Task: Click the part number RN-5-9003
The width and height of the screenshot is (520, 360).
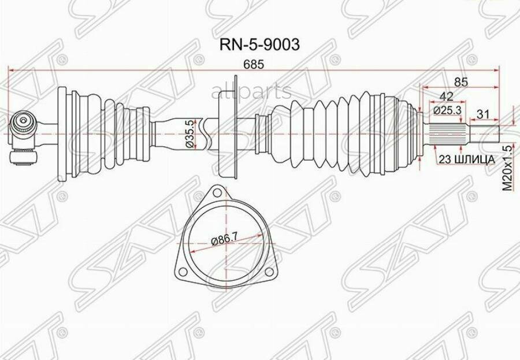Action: (259, 45)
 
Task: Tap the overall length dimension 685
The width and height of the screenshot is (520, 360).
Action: (254, 64)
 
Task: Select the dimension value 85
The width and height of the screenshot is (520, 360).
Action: (460, 81)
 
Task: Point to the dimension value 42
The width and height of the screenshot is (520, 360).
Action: (447, 97)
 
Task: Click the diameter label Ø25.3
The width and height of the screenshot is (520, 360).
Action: (447, 110)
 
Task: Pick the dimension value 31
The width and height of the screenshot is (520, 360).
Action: (483, 114)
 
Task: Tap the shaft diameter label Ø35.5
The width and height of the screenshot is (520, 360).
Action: (190, 134)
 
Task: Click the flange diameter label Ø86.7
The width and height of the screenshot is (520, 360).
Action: (225, 240)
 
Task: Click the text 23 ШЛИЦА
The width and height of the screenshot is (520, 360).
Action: (467, 159)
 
